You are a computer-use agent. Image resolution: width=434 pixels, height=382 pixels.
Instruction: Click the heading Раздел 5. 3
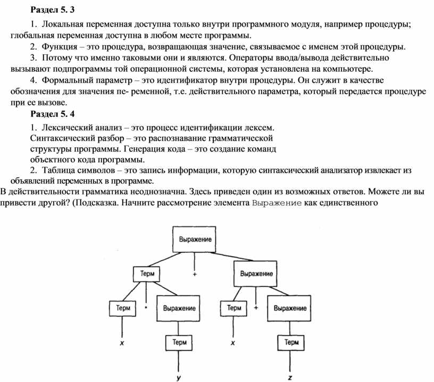click(x=52, y=10)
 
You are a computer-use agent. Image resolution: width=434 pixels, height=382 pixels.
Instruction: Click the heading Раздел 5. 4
click(x=52, y=114)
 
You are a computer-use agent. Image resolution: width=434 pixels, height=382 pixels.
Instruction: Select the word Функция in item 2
click(x=60, y=46)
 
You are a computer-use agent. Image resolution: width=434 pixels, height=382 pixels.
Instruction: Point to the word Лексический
click(x=68, y=128)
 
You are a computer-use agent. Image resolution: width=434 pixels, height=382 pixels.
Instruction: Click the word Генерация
click(x=155, y=149)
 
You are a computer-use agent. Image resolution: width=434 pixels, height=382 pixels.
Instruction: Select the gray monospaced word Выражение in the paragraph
click(x=277, y=203)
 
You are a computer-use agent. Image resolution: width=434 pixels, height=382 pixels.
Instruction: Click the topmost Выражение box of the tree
click(x=194, y=239)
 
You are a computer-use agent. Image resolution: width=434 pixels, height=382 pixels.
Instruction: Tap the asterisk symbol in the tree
click(x=146, y=307)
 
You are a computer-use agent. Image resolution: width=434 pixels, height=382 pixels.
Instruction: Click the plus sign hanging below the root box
click(x=195, y=274)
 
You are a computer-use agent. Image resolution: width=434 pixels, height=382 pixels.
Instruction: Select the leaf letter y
click(x=179, y=377)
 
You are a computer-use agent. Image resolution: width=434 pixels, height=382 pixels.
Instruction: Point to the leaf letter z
click(x=290, y=378)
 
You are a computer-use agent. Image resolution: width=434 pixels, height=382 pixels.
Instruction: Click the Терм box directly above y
click(x=179, y=343)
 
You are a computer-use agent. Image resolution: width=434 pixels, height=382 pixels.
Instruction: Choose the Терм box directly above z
click(x=291, y=343)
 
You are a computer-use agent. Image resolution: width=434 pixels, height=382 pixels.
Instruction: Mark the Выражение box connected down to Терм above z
click(x=289, y=309)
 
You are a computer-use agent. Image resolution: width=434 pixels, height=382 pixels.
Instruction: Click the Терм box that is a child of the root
click(x=147, y=274)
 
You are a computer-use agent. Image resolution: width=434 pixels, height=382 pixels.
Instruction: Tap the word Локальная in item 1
click(x=63, y=24)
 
